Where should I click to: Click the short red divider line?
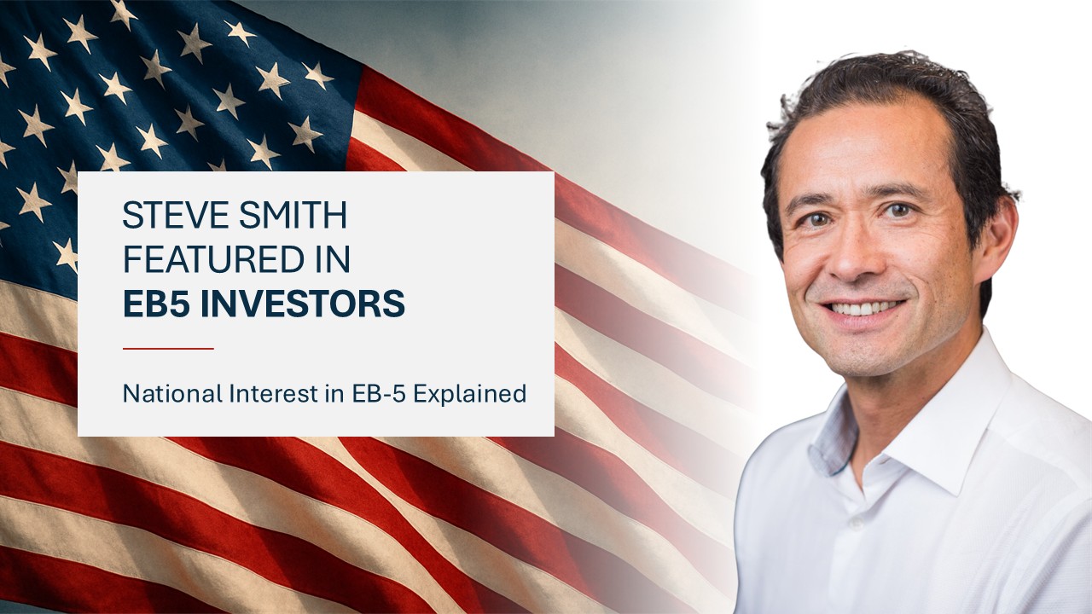pyautogui.click(x=168, y=349)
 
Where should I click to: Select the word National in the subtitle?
pyautogui.click(x=172, y=394)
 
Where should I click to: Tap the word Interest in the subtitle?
pyautogui.click(x=274, y=394)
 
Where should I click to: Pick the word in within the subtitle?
pyautogui.click(x=334, y=394)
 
